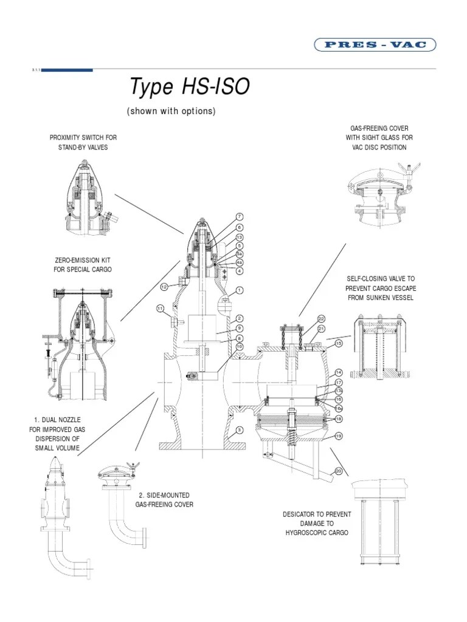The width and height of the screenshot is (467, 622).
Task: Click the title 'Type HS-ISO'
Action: pos(189,87)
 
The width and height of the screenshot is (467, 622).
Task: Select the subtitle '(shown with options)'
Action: pos(171,111)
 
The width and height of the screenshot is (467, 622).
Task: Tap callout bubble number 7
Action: pos(240,217)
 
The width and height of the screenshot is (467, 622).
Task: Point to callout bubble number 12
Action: pos(164,286)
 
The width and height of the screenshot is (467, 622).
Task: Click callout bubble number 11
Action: pos(160,309)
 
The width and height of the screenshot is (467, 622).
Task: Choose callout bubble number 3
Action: pos(240,430)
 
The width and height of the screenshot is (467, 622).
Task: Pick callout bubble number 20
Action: pos(339,471)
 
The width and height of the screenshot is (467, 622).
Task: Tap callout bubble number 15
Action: pos(339,344)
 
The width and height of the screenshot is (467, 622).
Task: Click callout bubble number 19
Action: pos(339,436)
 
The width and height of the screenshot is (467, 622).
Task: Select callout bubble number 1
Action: pos(240,290)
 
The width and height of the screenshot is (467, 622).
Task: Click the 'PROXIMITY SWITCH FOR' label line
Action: pos(83,138)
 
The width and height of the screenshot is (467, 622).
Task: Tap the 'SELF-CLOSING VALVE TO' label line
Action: pos(381,278)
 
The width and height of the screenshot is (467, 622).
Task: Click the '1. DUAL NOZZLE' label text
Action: pos(58,420)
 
